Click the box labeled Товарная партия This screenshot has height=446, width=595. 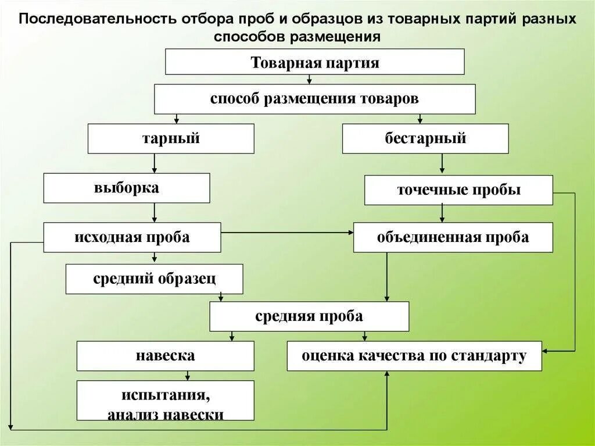[314, 62]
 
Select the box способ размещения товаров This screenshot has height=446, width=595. [314, 99]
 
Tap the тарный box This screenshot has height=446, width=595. [171, 138]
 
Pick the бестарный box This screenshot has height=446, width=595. [425, 138]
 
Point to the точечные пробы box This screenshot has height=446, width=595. [458, 190]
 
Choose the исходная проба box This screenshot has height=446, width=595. [132, 237]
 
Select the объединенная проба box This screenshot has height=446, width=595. [453, 237]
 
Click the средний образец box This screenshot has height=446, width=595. [154, 279]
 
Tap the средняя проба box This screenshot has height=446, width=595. [309, 316]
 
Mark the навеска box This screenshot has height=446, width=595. [165, 355]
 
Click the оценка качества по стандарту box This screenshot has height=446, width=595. [414, 355]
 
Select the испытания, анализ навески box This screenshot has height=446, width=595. [165, 400]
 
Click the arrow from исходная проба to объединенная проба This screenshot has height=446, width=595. [287, 233]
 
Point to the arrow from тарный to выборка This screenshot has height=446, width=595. [154, 164]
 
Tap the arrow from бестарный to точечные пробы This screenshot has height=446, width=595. [442, 164]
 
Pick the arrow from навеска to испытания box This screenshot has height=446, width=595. [187, 376]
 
